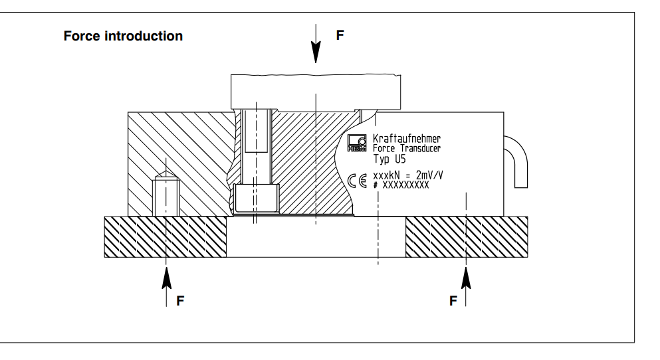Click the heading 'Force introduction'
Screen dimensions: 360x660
123,36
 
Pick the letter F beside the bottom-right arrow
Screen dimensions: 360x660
453,301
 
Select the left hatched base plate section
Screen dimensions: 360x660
165,237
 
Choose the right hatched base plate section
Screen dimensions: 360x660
467,237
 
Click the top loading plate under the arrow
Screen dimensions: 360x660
316,91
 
